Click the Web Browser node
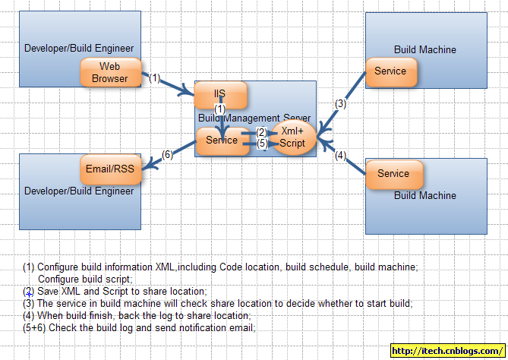[x=110, y=73]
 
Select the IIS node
[x=220, y=95]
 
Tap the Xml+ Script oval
[x=292, y=137]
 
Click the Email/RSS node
[x=111, y=170]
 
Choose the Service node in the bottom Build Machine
[x=393, y=174]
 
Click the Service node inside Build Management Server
[x=222, y=141]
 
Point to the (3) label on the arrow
[x=341, y=104]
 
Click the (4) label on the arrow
[x=341, y=156]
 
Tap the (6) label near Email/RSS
[x=168, y=155]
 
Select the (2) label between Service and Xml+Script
[x=261, y=132]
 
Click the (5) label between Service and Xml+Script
[x=261, y=143]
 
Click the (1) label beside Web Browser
[x=155, y=77]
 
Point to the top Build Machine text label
[x=425, y=50]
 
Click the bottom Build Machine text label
[x=425, y=195]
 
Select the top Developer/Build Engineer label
[x=79, y=49]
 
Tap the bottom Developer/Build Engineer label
[x=79, y=191]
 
